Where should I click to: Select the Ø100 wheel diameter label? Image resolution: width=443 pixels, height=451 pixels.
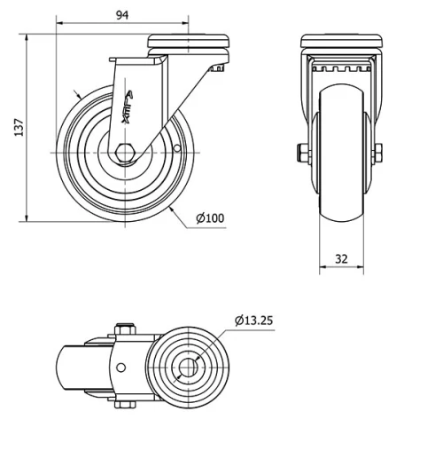pos(210,218)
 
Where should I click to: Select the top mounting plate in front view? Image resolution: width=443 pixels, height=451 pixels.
pos(342,41)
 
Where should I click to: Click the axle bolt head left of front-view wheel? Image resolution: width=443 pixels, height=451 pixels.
pos(300,153)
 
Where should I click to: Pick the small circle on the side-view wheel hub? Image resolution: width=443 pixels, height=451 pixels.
pos(176,149)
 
